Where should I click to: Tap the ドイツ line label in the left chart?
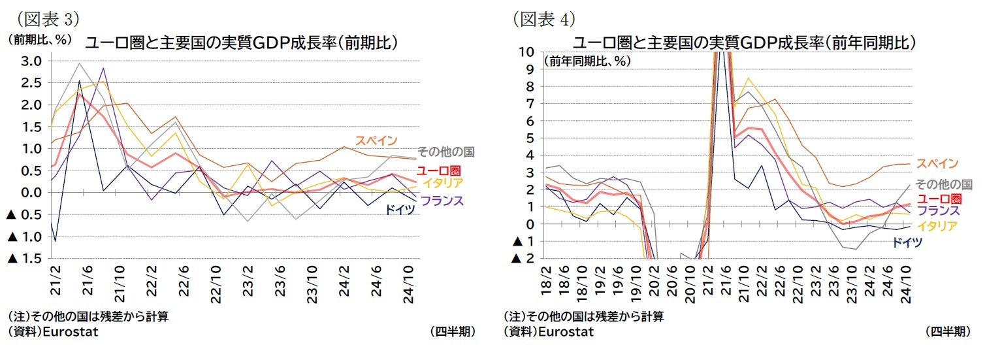click(400, 211)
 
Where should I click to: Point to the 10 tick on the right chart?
click(528, 52)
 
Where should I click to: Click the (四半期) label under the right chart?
click(947, 332)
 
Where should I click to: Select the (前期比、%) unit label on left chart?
click(40, 39)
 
